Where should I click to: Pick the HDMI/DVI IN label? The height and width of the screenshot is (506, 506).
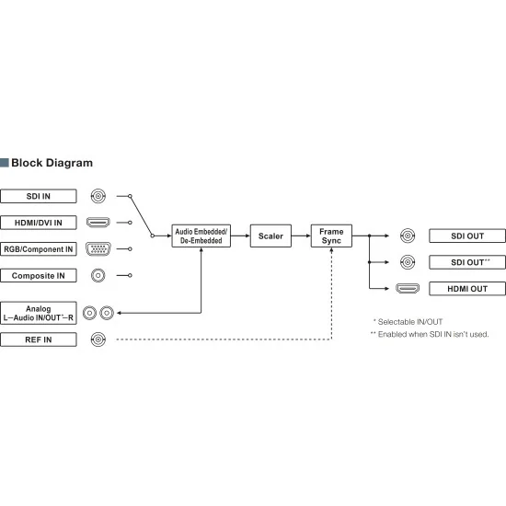39,223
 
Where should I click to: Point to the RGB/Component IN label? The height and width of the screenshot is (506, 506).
39,249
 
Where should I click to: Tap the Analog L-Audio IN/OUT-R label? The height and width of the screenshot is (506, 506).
39,313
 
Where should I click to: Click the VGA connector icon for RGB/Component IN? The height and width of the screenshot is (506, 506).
98,249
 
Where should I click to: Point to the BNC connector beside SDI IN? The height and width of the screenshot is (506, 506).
98,196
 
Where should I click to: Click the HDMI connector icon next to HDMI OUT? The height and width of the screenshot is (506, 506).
408,288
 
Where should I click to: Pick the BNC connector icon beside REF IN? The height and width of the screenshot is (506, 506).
98,339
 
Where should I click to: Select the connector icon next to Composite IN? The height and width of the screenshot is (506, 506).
98,276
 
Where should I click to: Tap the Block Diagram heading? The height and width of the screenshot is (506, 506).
52,163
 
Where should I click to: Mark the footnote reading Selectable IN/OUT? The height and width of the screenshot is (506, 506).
408,322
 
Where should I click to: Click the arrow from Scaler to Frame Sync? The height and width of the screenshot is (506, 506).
301,236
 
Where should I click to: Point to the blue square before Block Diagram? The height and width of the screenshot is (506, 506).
5,163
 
